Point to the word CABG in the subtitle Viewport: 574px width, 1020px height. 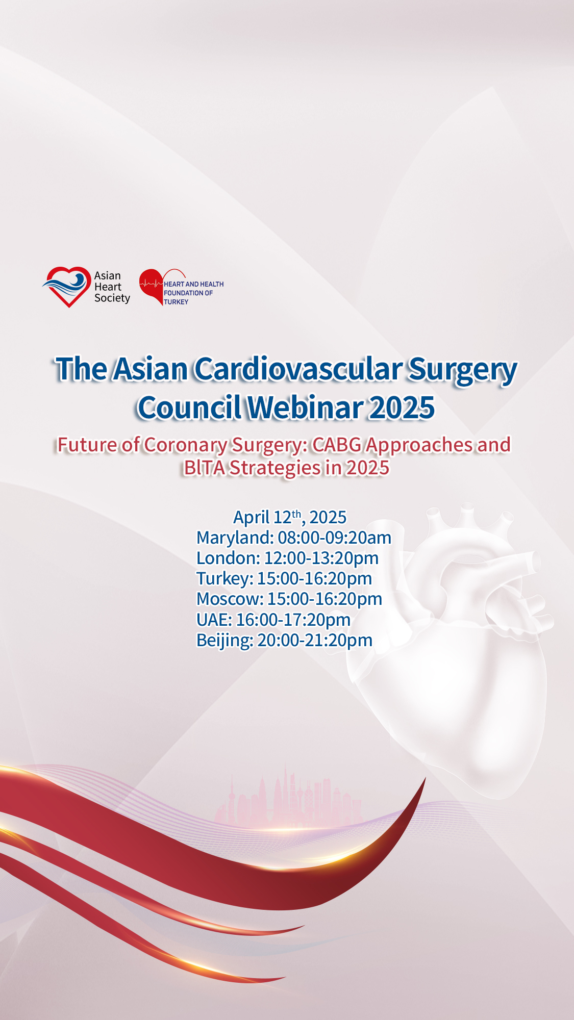pos(337,445)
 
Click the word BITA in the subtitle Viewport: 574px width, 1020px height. pos(204,467)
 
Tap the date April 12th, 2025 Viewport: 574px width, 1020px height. pos(290,517)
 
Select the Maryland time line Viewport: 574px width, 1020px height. pos(294,538)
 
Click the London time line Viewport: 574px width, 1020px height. pos(287,558)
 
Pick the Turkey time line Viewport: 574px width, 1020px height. pos(284,578)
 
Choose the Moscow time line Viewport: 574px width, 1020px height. pos(289,599)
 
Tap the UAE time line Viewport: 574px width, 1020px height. pos(273,620)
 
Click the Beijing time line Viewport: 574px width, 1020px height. pos(284,640)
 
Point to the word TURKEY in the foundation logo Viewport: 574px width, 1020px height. pos(176,302)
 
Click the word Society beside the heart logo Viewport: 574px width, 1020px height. pos(112,298)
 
